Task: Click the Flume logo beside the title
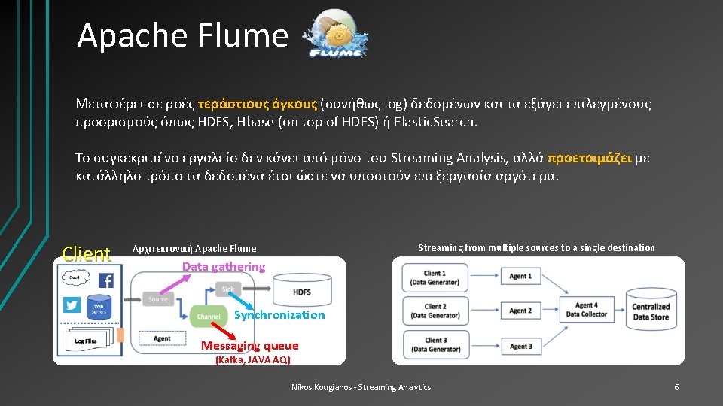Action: click(x=337, y=35)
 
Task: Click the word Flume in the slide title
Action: click(x=249, y=35)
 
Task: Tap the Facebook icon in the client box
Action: click(x=105, y=280)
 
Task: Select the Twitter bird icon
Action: click(x=72, y=304)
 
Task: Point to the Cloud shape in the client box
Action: click(x=75, y=277)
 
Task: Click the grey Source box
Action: click(x=158, y=299)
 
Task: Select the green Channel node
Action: click(x=208, y=317)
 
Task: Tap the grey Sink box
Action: click(x=228, y=289)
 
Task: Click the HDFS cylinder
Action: click(x=301, y=291)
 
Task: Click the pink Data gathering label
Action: click(x=224, y=266)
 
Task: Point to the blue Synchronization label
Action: click(x=279, y=315)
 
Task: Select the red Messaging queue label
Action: click(x=249, y=346)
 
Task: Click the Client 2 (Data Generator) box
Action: click(x=435, y=311)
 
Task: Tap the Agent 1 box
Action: click(x=520, y=277)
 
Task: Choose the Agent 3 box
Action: click(x=520, y=346)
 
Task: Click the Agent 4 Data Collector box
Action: click(x=587, y=310)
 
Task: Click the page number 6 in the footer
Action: click(x=676, y=387)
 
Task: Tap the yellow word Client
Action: click(x=87, y=254)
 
